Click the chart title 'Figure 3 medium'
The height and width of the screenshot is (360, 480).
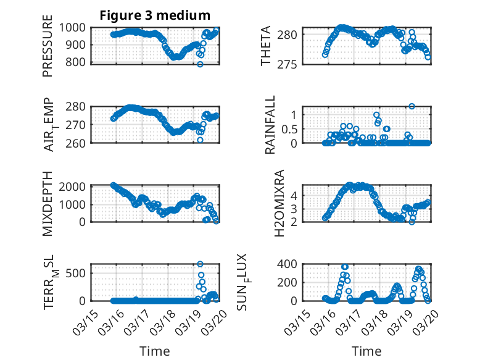point(155,15)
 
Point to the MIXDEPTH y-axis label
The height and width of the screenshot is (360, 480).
point(48,203)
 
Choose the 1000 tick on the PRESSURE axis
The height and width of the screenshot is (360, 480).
point(77,28)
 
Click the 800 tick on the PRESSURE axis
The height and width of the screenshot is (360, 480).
point(80,62)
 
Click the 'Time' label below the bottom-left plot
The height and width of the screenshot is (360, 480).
point(154,351)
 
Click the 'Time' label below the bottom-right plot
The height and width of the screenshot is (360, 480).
point(367,351)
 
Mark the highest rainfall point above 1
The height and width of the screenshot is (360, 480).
point(412,106)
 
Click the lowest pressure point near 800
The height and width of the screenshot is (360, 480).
point(200,64)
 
